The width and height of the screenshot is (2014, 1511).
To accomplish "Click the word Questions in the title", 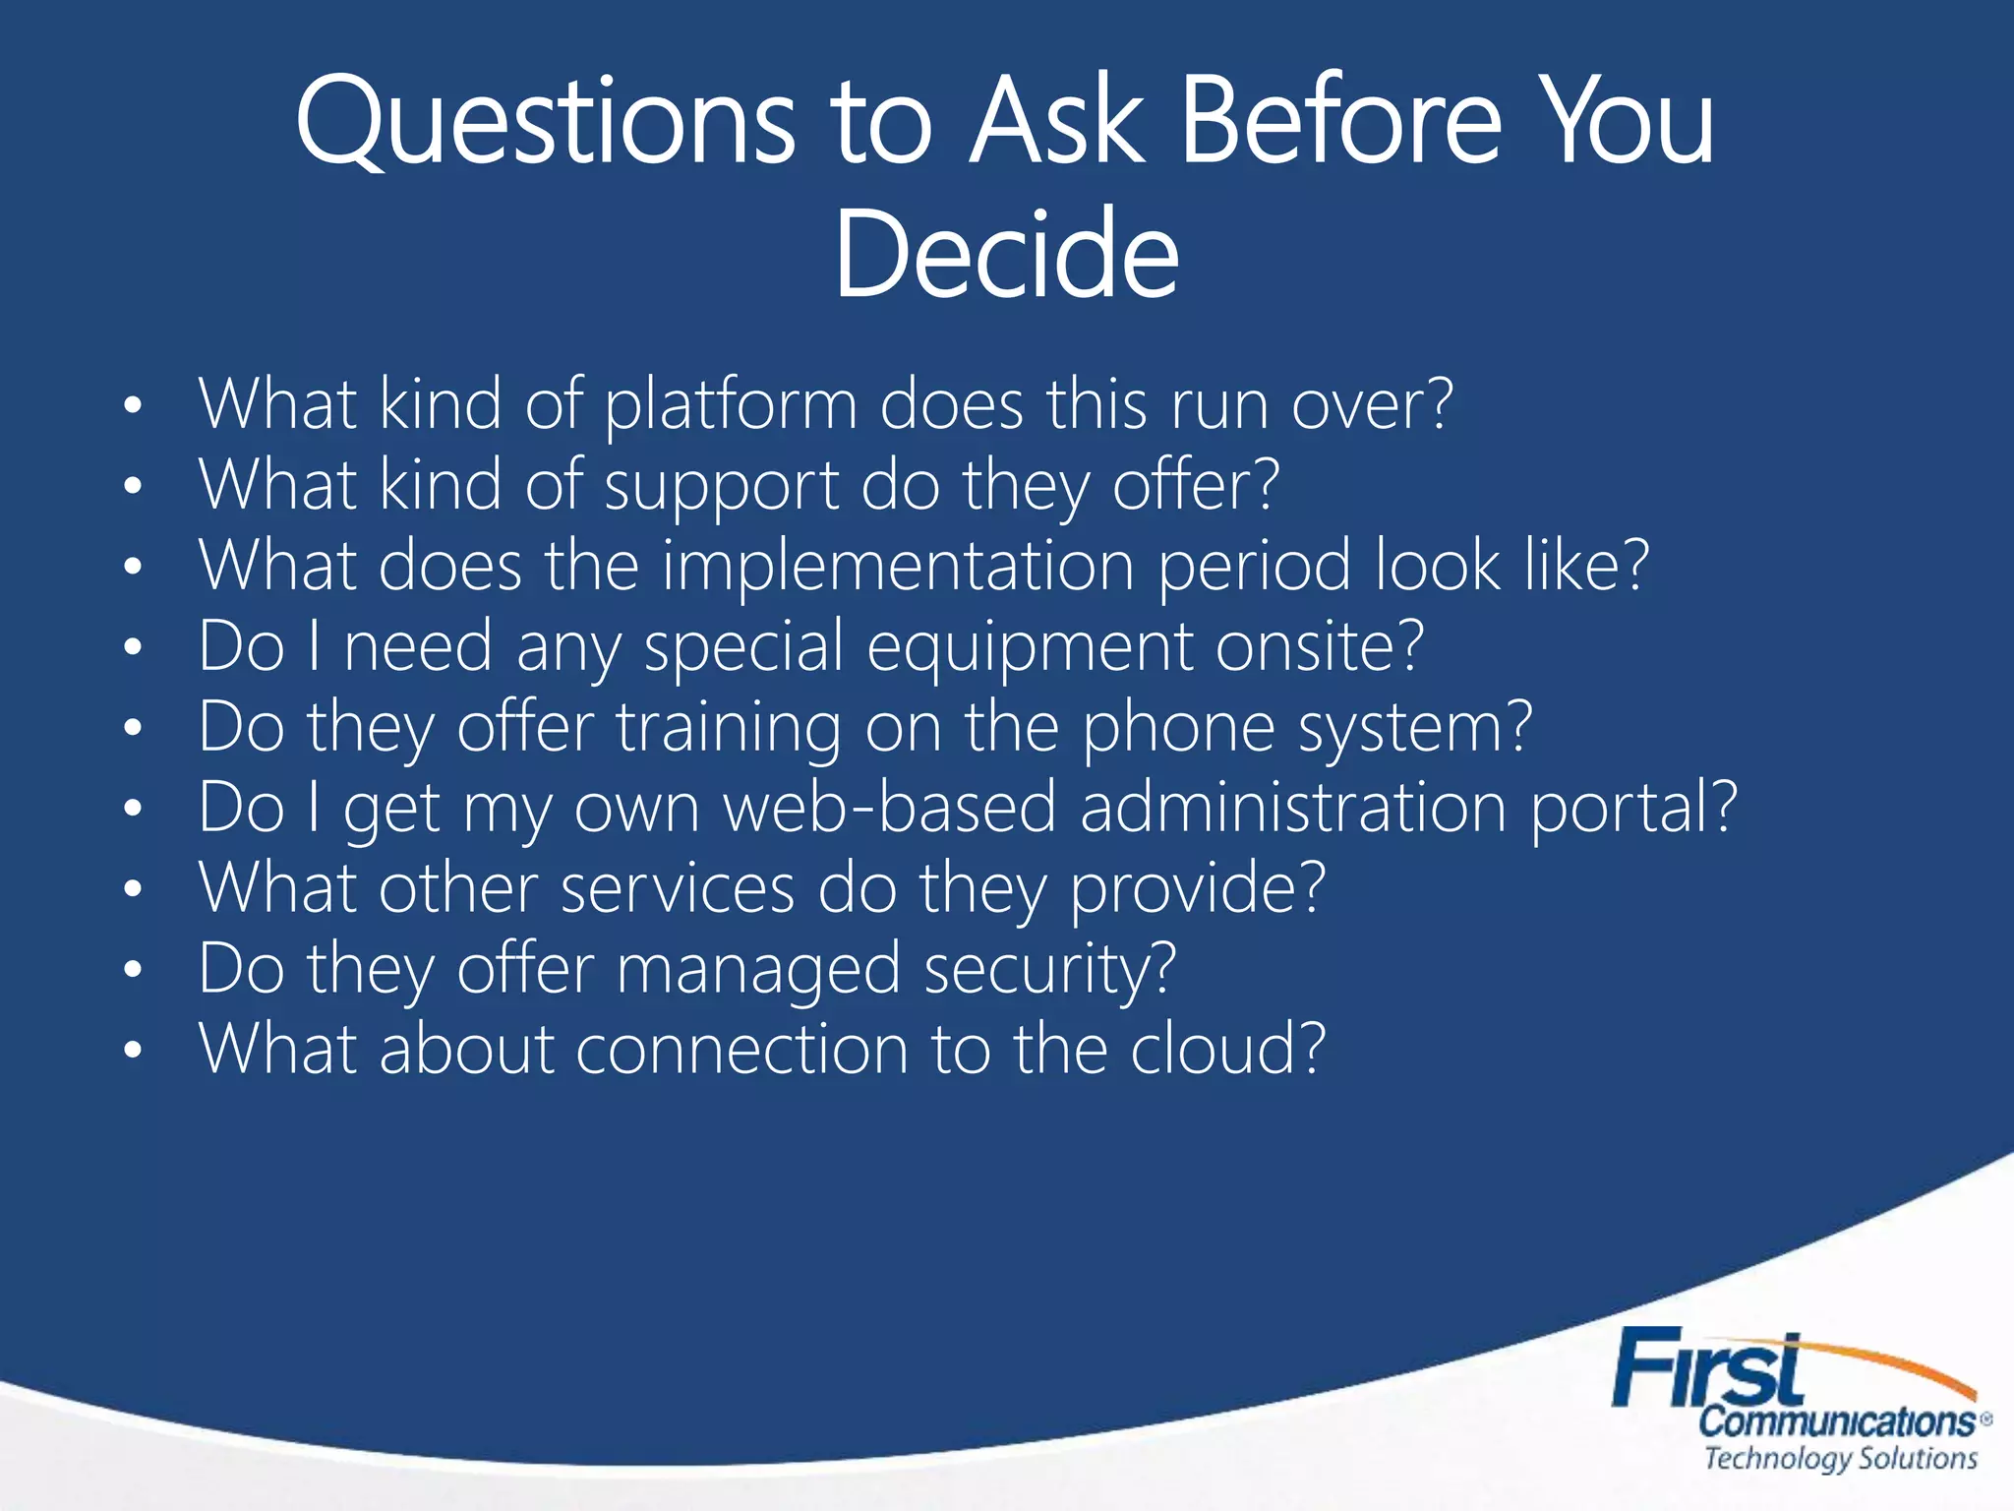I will coord(544,123).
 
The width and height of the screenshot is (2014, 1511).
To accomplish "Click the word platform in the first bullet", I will coord(731,405).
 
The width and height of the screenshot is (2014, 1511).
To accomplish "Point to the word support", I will coord(722,488).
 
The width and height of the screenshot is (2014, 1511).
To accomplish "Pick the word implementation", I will coord(898,567).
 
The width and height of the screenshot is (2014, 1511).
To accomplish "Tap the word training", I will coord(729,730).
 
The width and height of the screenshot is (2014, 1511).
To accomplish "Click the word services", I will coord(677,889).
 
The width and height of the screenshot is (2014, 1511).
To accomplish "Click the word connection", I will coord(741,1051).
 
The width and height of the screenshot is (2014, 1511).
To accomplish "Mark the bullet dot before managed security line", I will coord(134,970).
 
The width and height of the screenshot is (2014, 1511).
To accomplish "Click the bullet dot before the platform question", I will coord(134,405).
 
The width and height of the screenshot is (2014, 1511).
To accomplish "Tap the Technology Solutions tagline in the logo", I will coord(1840,1458).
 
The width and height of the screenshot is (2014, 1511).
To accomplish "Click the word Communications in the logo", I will coord(1837,1421).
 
